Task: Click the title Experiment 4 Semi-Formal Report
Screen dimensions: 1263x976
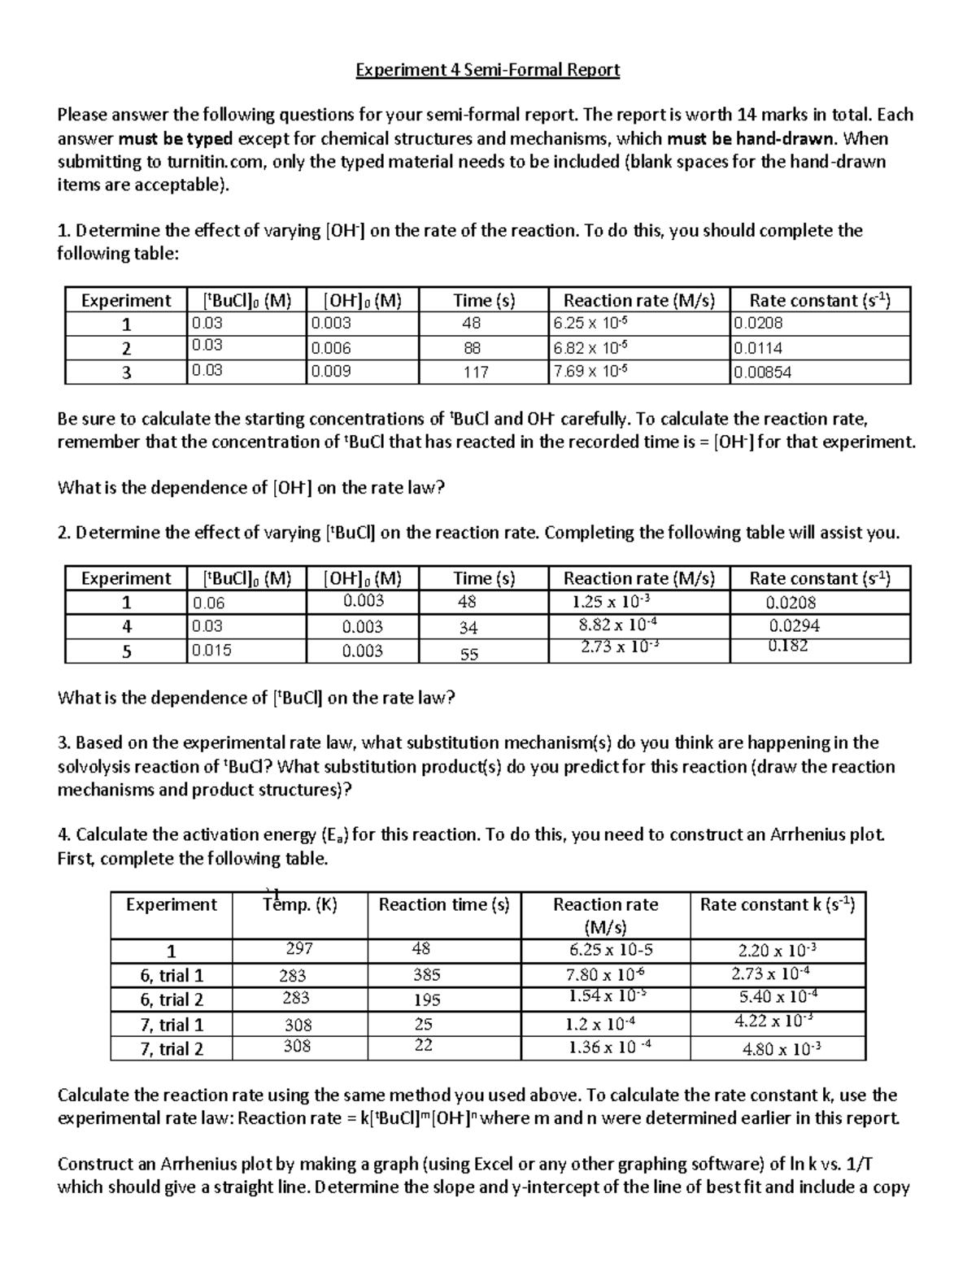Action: click(488, 70)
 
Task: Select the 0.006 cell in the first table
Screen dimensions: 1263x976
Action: click(332, 348)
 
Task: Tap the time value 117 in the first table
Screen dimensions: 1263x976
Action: click(476, 372)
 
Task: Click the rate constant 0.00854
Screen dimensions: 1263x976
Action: click(762, 372)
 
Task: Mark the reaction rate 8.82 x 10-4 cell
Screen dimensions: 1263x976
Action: click(612, 625)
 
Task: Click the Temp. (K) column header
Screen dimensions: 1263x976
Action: click(300, 904)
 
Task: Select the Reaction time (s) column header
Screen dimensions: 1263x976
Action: click(444, 904)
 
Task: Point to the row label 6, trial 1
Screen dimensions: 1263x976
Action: click(171, 975)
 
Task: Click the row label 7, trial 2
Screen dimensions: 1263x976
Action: click(171, 1048)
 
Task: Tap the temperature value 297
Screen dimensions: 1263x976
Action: click(299, 948)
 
